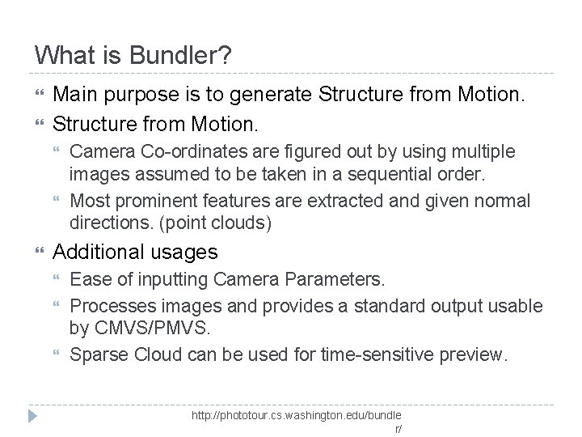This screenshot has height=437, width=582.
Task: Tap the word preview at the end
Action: click(x=478, y=354)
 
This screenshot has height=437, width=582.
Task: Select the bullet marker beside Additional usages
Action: click(x=40, y=252)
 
